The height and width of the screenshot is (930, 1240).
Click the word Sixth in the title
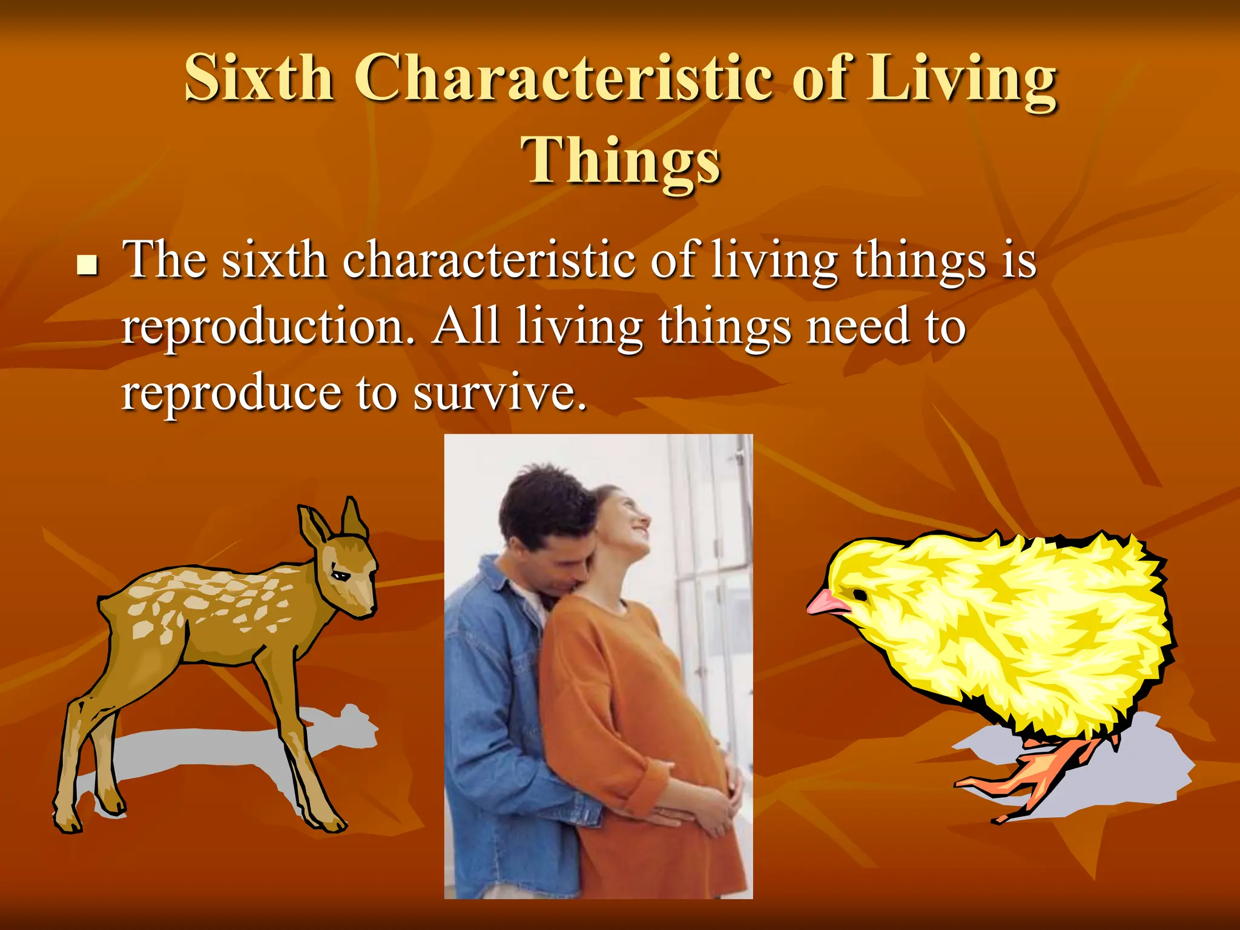coord(259,79)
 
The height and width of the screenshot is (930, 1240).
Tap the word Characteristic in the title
coord(563,79)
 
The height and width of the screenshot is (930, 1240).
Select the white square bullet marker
coord(88,265)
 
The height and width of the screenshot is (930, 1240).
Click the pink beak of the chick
coord(826,602)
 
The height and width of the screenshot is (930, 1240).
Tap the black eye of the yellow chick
coord(859,596)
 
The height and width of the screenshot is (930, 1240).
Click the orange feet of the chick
coord(1029,781)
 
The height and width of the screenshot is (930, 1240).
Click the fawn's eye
coord(342,575)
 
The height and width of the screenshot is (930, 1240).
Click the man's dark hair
coord(539,503)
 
